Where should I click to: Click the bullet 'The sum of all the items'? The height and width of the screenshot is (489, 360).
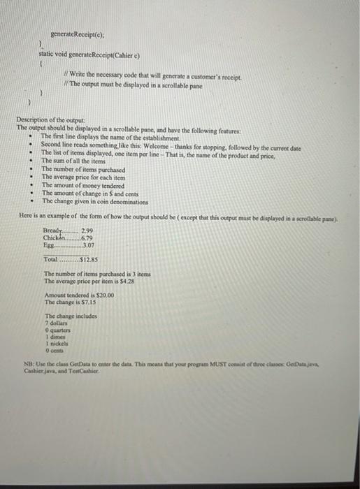(x=73, y=161)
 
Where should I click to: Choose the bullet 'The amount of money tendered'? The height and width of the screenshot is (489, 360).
(x=83, y=185)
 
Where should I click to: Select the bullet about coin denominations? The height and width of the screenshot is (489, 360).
(x=91, y=201)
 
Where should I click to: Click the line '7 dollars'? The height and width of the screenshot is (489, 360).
(x=56, y=325)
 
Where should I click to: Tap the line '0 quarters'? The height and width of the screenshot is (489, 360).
(x=58, y=332)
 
